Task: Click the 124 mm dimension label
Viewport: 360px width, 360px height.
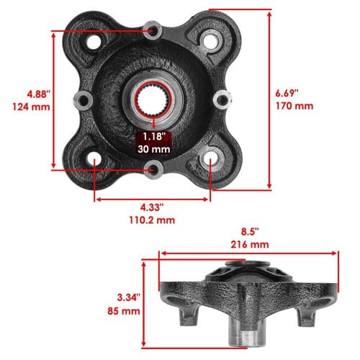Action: click(31, 107)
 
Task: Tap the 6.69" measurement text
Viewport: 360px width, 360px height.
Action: click(287, 93)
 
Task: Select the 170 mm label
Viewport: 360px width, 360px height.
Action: click(294, 106)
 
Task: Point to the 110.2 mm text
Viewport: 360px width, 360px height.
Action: click(152, 220)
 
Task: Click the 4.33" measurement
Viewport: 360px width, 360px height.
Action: click(152, 207)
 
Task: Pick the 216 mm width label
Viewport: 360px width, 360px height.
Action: click(250, 245)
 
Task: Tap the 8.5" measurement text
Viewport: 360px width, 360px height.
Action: click(250, 232)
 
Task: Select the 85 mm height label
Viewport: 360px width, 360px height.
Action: click(124, 311)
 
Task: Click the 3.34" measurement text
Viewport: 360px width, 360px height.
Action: click(128, 297)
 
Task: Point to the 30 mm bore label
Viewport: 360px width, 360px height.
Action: click(154, 149)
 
